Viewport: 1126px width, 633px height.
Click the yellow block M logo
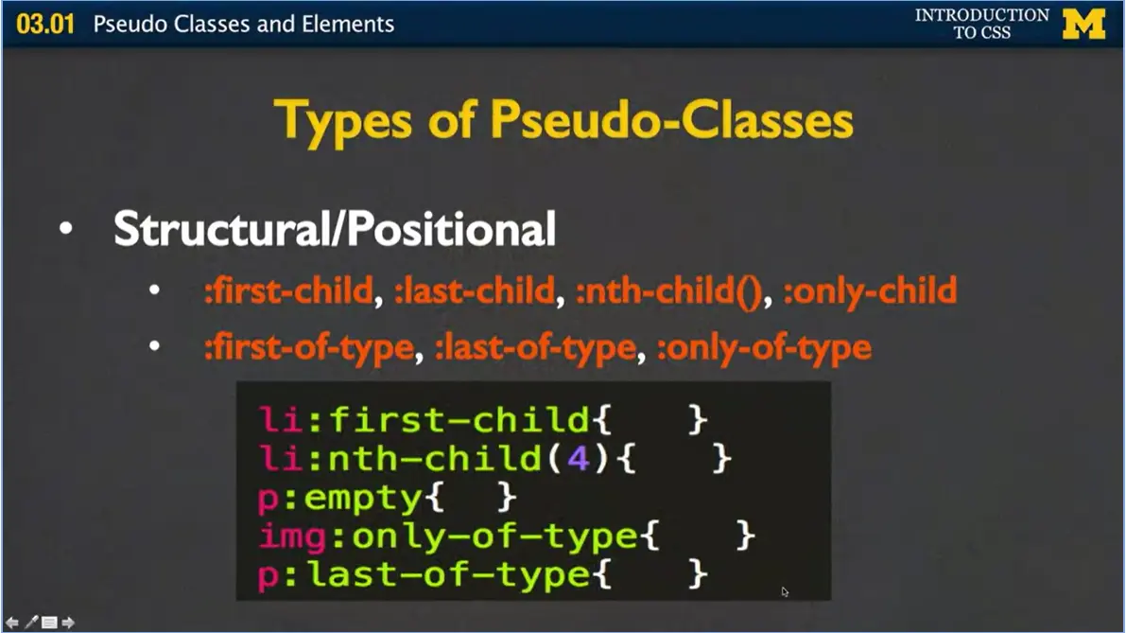pyautogui.click(x=1083, y=24)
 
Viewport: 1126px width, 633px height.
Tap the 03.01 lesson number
pyautogui.click(x=44, y=24)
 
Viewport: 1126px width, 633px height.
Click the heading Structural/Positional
pyautogui.click(x=334, y=229)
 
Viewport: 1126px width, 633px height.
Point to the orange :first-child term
pyautogui.click(x=288, y=290)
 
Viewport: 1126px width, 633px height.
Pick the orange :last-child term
pyautogui.click(x=474, y=290)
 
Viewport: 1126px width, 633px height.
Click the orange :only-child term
pyautogui.click(x=870, y=290)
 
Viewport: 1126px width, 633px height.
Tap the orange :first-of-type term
pyautogui.click(x=309, y=347)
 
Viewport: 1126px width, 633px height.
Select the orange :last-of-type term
pyautogui.click(x=534, y=347)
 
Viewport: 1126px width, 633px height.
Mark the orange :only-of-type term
pyautogui.click(x=763, y=347)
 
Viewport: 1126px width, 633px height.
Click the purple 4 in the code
pyautogui.click(x=577, y=459)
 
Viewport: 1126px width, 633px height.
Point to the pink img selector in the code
pyautogui.click(x=288, y=536)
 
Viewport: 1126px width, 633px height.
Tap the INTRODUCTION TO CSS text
pyautogui.click(x=981, y=24)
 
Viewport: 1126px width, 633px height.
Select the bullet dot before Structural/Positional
pyautogui.click(x=64, y=231)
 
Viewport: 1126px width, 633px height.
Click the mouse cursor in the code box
pyautogui.click(x=785, y=591)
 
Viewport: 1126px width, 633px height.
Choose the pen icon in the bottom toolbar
pyautogui.click(x=31, y=622)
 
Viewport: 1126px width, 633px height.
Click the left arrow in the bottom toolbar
pyautogui.click(x=12, y=622)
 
